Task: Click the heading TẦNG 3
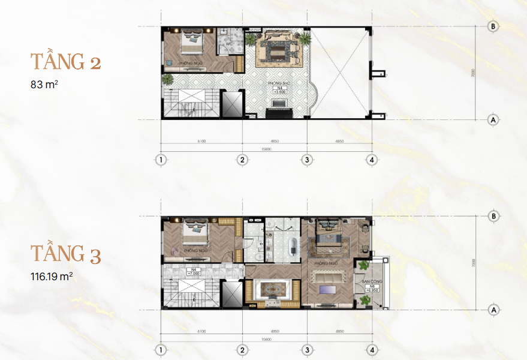pos(66,254)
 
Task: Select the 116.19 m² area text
pos(52,277)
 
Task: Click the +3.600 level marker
pos(279,92)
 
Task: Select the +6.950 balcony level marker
pos(372,290)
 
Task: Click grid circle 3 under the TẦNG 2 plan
pos(307,160)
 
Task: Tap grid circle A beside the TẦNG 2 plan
pos(493,119)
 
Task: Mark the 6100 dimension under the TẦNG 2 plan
pos(201,142)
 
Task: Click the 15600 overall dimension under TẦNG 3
pos(266,337)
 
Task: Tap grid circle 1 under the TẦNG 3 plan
pos(161,350)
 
